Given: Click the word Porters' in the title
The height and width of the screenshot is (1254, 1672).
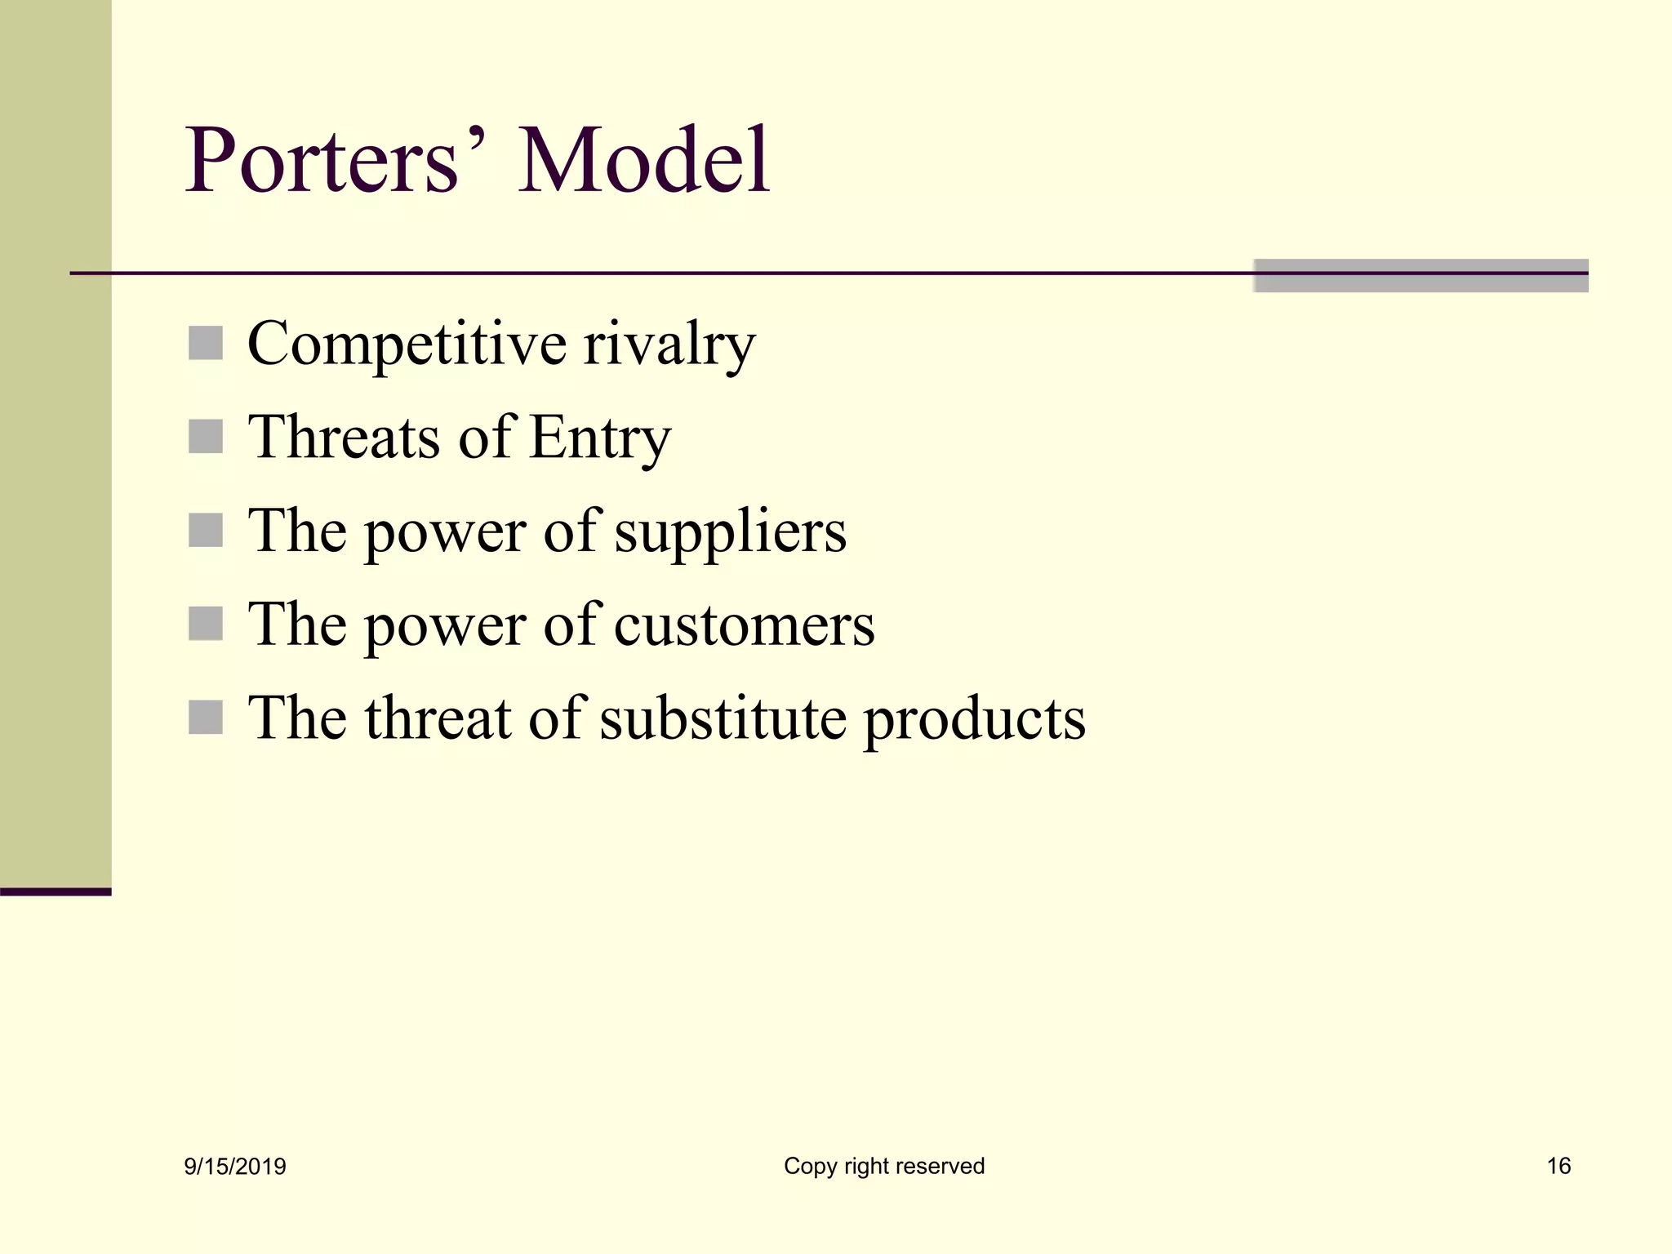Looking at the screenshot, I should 335,160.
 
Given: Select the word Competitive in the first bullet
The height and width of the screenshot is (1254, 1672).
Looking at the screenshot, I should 407,345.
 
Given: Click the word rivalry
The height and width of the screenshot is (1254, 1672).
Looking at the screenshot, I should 669,345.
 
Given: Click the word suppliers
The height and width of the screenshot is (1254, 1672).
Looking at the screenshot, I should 730,532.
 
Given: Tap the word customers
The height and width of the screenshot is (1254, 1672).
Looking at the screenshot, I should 744,625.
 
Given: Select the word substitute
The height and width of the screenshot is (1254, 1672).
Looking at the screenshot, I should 723,718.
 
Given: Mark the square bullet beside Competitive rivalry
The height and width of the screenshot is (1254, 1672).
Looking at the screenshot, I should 205,343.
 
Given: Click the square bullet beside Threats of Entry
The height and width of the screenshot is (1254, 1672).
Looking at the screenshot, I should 205,437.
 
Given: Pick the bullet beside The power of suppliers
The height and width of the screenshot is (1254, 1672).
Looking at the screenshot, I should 205,531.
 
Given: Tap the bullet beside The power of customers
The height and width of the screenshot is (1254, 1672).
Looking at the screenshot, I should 205,624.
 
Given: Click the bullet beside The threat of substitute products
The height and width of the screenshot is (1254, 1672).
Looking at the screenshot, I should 205,718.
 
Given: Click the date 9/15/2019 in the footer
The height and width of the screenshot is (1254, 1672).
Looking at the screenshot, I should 235,1167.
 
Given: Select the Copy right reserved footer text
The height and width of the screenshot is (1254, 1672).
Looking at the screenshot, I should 884,1166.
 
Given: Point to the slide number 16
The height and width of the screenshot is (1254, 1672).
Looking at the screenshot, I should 1559,1166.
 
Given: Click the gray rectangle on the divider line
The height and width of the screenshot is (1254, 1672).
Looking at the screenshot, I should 1421,276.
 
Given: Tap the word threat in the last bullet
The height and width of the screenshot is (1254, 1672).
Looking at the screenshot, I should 437,718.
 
